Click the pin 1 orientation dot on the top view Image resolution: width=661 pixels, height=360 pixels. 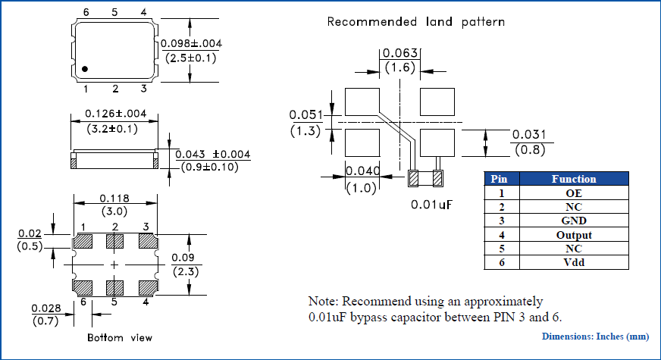(x=85, y=69)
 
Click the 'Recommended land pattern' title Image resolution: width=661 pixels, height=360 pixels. (x=415, y=21)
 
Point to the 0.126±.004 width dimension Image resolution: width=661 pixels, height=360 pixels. (x=114, y=114)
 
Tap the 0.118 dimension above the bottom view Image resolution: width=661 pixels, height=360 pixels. (x=114, y=199)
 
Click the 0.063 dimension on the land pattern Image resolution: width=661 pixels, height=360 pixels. (x=399, y=53)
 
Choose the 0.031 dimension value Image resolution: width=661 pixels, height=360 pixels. (x=528, y=135)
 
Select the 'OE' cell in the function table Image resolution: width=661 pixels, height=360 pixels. (x=573, y=193)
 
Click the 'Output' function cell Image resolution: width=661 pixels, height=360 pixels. (x=573, y=235)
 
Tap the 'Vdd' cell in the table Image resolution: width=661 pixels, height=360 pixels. (x=573, y=262)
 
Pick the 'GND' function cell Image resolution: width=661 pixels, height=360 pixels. (x=573, y=221)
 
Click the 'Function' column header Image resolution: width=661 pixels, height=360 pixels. (x=573, y=179)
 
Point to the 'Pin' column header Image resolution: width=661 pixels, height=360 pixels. (x=499, y=179)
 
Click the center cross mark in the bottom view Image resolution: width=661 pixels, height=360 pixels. (x=114, y=265)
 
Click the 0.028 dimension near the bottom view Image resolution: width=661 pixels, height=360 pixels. (x=45, y=308)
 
